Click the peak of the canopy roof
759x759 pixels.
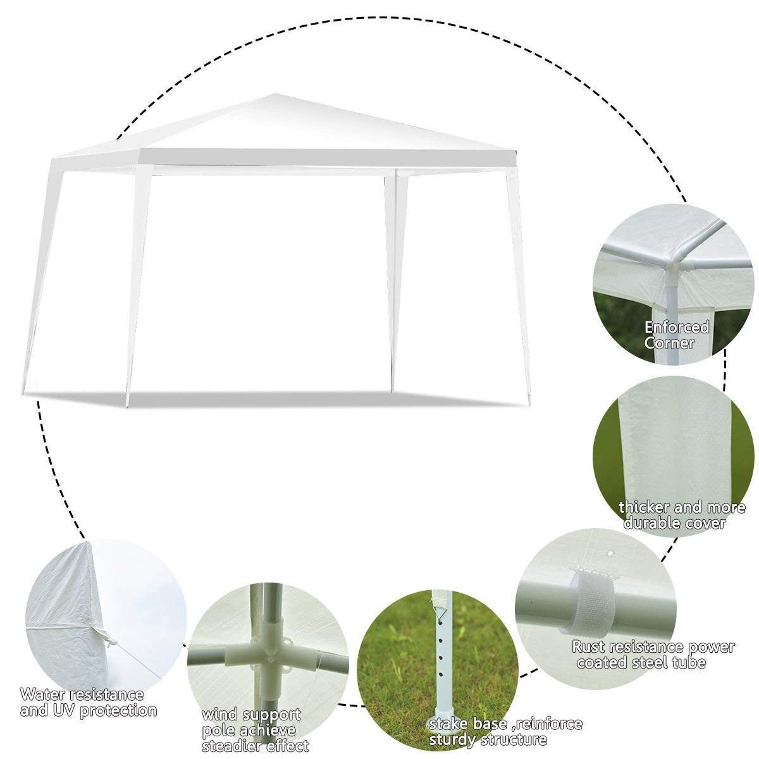point(275,94)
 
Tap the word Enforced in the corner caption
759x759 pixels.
point(677,327)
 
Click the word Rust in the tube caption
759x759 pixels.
point(588,647)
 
